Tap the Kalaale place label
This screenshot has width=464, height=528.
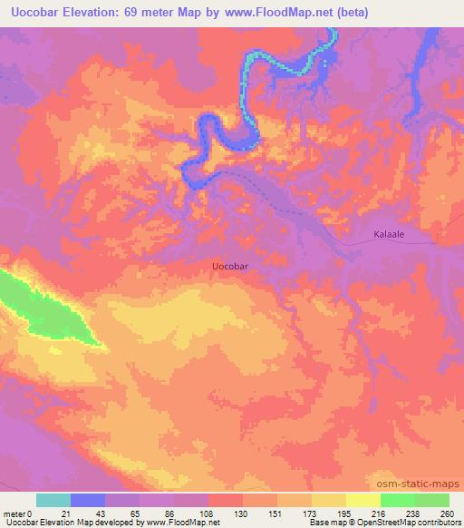coord(390,234)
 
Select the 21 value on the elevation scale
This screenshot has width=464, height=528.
coord(71,513)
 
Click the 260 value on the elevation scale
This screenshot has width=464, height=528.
coord(448,513)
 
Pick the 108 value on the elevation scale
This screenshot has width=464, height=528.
coord(208,513)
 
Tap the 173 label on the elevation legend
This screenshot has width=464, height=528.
coord(311,513)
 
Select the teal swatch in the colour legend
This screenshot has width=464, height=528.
coord(53,500)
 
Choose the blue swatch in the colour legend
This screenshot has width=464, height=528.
coord(88,500)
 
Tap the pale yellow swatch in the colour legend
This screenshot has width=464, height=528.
coord(362,500)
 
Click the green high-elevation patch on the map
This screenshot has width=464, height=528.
coord(45,308)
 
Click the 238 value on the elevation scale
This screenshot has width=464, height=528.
coord(413,513)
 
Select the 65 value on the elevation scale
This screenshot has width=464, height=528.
coord(139,513)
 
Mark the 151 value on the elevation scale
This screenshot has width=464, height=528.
coord(276,513)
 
